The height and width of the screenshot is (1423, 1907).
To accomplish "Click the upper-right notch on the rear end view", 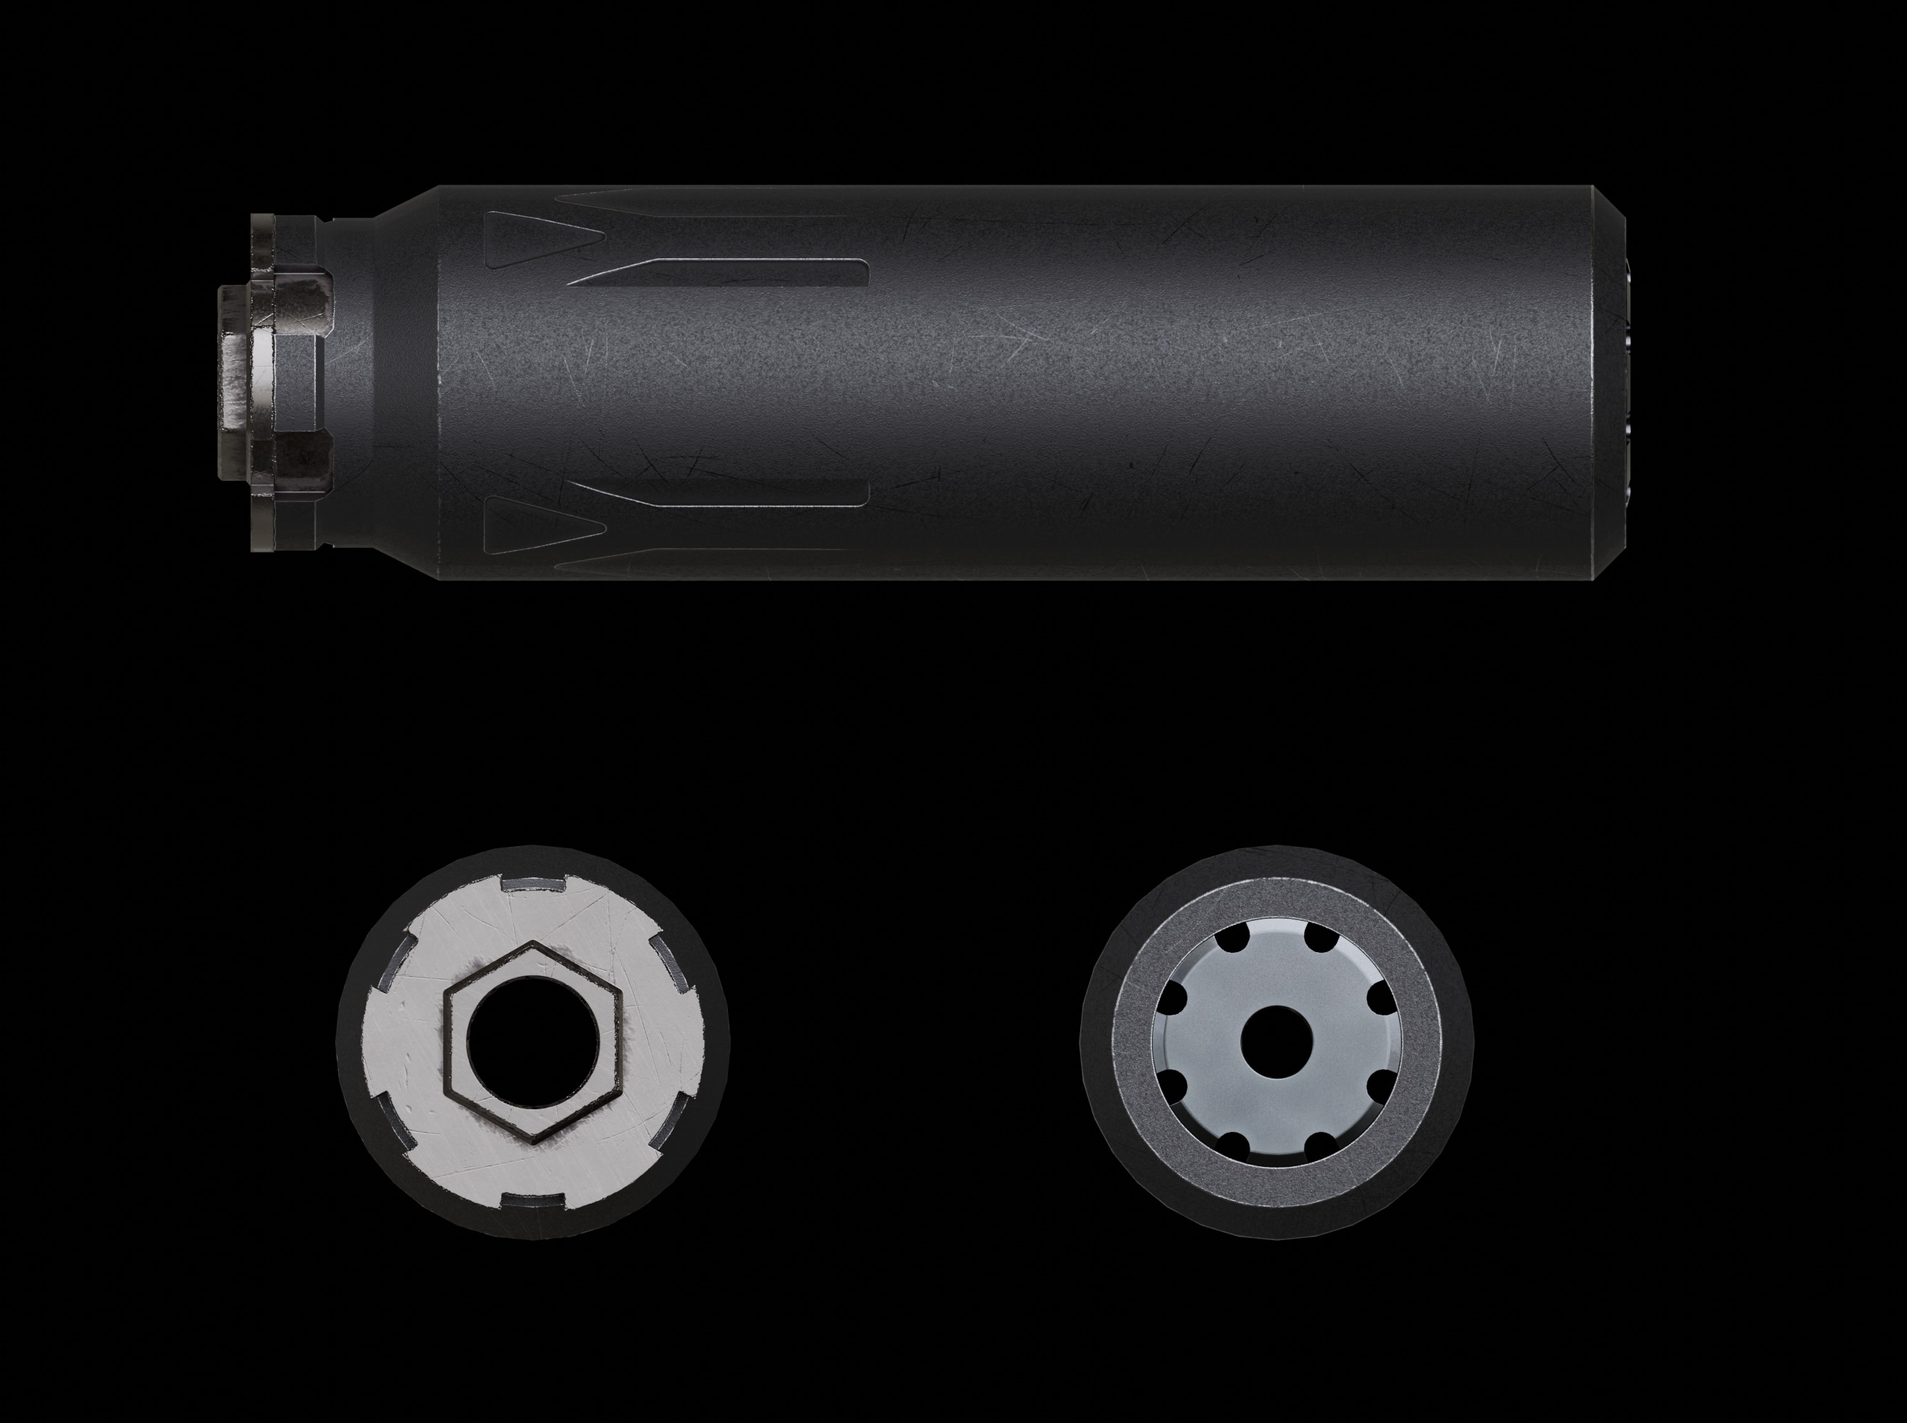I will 671,965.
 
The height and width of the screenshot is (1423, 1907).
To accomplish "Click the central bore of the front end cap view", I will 1277,1042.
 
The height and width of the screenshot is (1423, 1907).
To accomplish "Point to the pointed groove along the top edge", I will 689,204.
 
